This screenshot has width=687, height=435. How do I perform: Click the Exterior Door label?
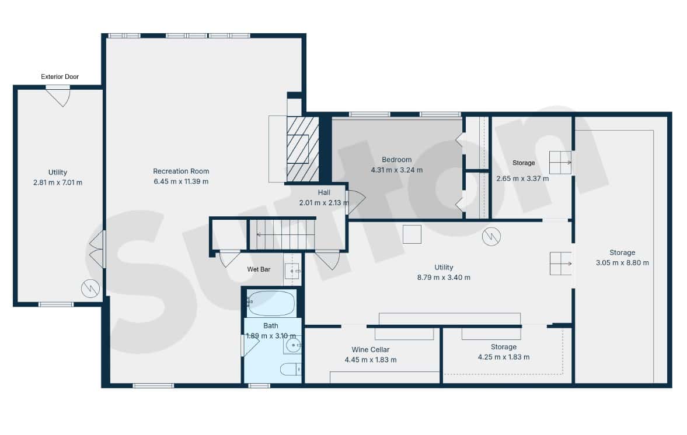60,76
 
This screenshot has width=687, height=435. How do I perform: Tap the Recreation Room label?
181,171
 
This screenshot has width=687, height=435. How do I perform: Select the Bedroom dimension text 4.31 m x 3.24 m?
396,170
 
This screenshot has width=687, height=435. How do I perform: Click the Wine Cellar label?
370,349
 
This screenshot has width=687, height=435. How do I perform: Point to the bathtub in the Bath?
270,303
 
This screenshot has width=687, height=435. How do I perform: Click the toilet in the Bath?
291,369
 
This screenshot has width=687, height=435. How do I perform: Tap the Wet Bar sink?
292,271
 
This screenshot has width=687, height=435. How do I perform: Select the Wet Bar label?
259,269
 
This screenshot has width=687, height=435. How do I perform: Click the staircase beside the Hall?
282,234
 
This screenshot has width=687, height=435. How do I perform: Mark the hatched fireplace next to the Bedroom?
302,149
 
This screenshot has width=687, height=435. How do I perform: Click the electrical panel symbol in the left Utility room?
90,289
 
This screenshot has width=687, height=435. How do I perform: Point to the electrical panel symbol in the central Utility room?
491,237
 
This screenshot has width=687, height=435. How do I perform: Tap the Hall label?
324,192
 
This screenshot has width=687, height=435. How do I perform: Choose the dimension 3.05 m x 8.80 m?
622,262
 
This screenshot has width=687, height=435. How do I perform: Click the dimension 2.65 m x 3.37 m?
522,178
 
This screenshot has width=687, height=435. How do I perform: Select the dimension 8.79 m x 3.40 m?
444,278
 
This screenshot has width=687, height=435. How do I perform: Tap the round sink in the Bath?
292,345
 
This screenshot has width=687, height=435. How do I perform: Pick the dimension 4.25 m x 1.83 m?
503,357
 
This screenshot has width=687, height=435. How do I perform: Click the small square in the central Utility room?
412,234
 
